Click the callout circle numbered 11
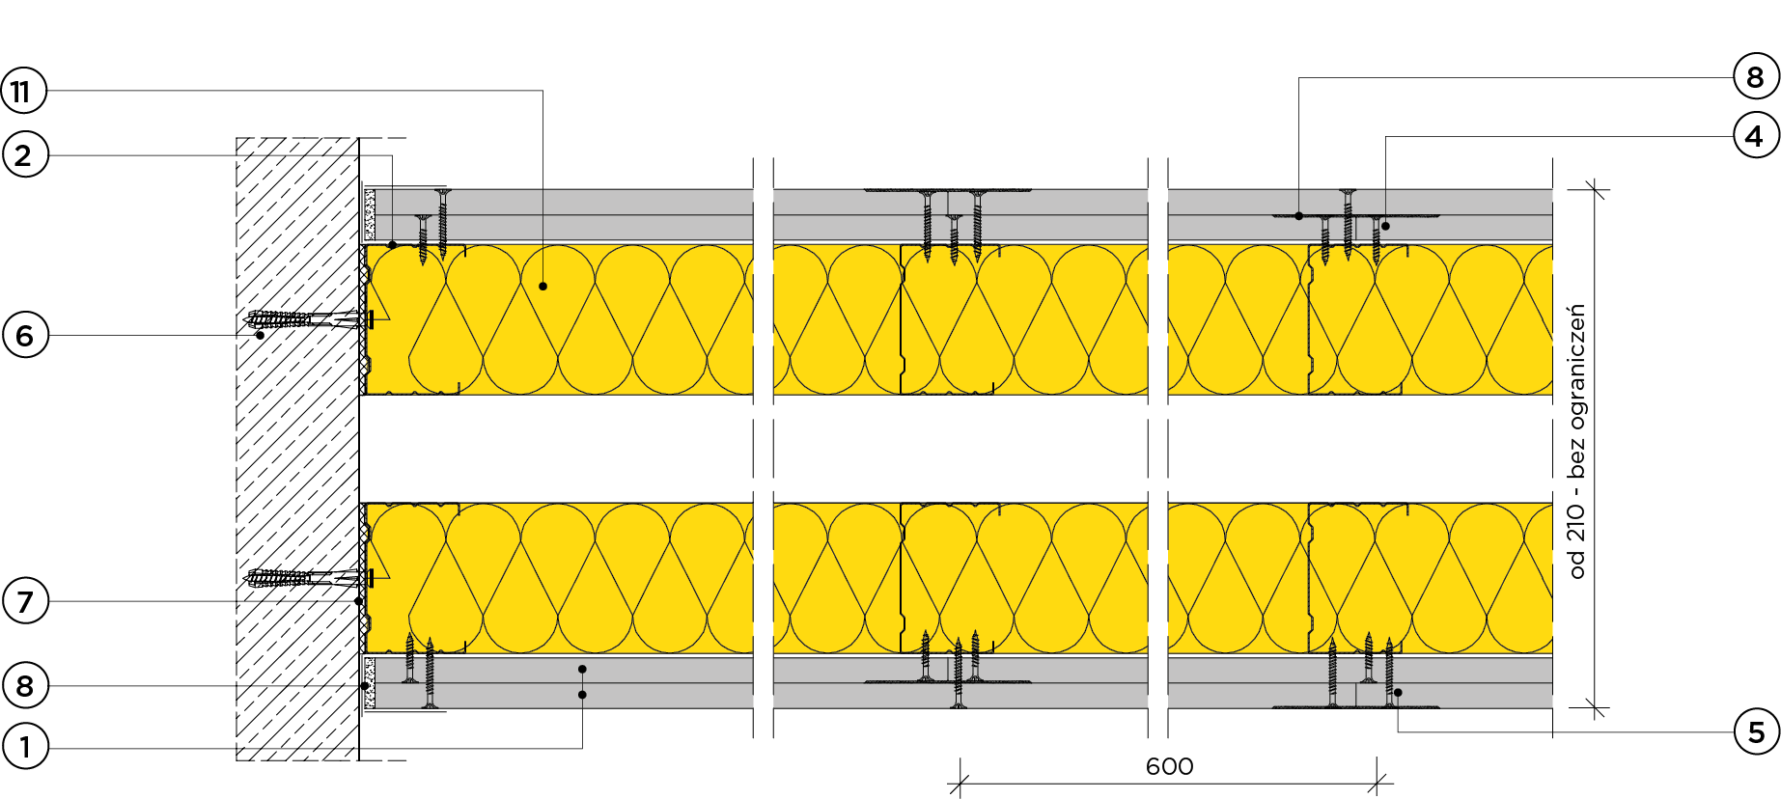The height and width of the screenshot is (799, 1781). tap(22, 92)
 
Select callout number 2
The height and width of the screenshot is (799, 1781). tap(24, 154)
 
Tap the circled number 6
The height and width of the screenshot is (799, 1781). tap(25, 336)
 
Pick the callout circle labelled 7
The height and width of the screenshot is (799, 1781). tap(25, 601)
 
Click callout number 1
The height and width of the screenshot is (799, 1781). tap(25, 746)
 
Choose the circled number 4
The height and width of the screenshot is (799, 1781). tap(1755, 136)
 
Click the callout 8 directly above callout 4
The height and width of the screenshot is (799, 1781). tap(1755, 77)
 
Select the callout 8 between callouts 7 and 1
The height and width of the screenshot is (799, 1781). tap(25, 686)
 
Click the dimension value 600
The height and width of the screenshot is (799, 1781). tap(1169, 767)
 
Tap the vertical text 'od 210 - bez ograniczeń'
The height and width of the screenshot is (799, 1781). tap(1577, 441)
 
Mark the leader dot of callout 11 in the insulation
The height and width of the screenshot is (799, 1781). tap(543, 287)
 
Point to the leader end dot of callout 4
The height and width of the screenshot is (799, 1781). tap(1385, 226)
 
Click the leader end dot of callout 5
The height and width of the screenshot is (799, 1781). tap(1398, 692)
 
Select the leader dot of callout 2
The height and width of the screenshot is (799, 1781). tap(392, 245)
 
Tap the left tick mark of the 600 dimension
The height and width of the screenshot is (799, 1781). tap(960, 783)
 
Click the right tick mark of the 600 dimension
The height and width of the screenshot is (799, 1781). tap(1379, 783)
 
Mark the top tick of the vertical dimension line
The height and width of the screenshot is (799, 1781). tap(1595, 190)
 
